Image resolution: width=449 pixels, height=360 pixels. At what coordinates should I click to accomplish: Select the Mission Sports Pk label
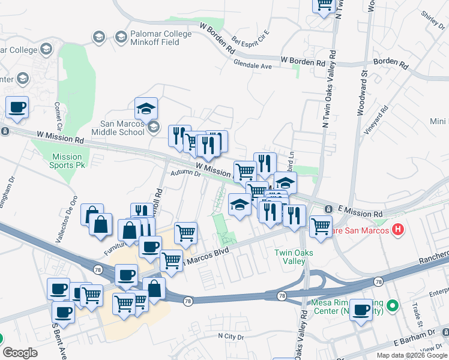(67, 161)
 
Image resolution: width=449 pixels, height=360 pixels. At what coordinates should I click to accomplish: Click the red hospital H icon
(397, 229)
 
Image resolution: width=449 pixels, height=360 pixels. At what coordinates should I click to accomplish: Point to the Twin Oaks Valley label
(295, 256)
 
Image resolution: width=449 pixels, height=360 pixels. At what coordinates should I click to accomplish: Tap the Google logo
(20, 353)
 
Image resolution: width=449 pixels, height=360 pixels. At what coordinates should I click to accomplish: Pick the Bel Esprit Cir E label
(251, 39)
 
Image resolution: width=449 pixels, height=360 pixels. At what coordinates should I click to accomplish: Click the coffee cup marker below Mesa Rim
(361, 311)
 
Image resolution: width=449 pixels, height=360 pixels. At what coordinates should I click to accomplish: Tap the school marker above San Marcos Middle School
(146, 109)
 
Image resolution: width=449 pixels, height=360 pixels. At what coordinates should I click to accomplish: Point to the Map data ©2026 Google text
(412, 355)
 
